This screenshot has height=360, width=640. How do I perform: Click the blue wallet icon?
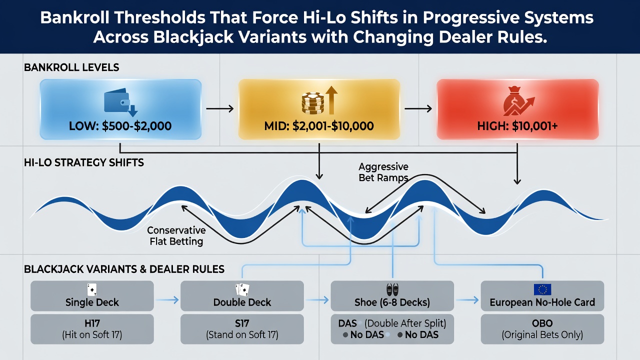point(120,102)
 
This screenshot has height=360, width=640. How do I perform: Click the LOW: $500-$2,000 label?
point(120,126)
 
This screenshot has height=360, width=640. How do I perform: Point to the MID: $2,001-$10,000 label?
point(319,126)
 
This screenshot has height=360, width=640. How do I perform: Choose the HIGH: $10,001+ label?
point(517,126)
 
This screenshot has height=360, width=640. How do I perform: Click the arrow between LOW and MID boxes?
point(219,108)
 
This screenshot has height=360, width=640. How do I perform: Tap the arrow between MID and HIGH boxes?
point(418,108)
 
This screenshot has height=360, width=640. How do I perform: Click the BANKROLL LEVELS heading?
point(71,67)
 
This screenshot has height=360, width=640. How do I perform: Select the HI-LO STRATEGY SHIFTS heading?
point(83,162)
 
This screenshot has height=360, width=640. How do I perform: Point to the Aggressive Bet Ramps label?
point(383,172)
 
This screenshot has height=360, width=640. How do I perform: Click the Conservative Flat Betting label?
point(176,235)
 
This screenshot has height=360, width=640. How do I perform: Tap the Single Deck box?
point(92,295)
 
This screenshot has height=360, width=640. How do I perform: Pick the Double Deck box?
point(242,295)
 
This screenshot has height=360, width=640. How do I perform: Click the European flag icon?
point(542,289)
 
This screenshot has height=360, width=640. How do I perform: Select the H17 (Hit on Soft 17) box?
point(92,329)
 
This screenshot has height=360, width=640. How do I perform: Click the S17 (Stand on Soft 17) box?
point(242,329)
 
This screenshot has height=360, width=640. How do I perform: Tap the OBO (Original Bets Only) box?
point(542,329)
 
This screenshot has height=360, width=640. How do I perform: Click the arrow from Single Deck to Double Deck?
point(167,300)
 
